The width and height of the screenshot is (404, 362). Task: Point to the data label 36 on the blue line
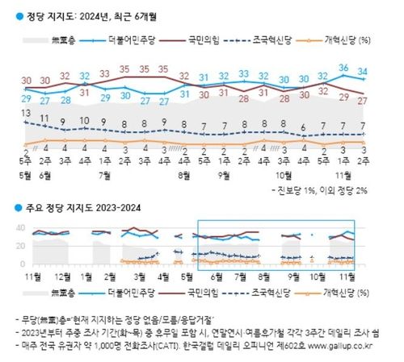[344, 69]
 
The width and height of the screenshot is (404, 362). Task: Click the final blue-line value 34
[364, 72]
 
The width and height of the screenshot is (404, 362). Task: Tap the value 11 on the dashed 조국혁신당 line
[44, 119]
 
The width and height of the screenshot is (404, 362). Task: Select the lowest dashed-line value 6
[304, 127]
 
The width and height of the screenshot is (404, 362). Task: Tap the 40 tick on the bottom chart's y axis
[19, 228]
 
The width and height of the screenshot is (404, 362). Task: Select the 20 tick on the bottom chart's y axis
[19, 246]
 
